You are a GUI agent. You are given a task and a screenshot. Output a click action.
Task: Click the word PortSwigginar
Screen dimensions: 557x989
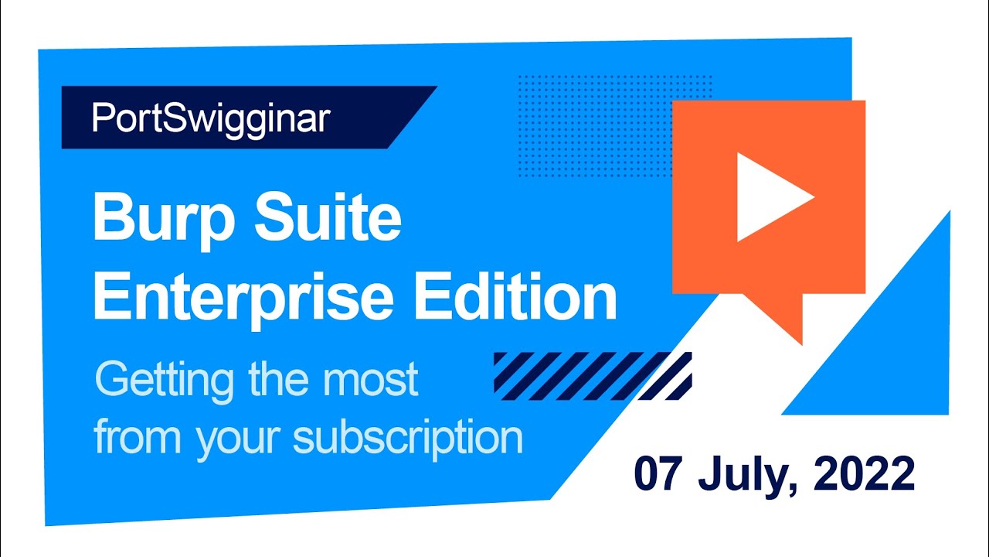pos(211,118)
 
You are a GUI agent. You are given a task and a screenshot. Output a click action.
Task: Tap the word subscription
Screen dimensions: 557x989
pos(408,439)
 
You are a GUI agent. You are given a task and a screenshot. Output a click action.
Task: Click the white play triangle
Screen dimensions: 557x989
pos(771,197)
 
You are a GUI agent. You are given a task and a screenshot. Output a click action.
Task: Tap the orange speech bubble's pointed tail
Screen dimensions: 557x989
pos(788,321)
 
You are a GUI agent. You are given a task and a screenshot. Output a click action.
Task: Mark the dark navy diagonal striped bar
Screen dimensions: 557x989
pos(592,376)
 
